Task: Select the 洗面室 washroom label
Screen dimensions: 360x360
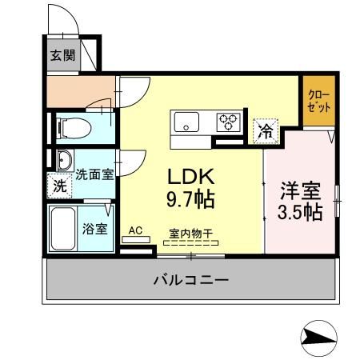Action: (x=94, y=173)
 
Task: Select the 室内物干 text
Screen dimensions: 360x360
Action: (x=190, y=234)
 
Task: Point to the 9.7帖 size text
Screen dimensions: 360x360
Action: (x=190, y=198)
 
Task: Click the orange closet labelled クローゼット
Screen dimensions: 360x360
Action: (x=318, y=102)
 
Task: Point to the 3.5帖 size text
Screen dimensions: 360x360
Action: (x=301, y=212)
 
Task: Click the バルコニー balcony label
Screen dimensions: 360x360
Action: (x=190, y=281)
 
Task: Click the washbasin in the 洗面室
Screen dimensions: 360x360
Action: (x=62, y=159)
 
